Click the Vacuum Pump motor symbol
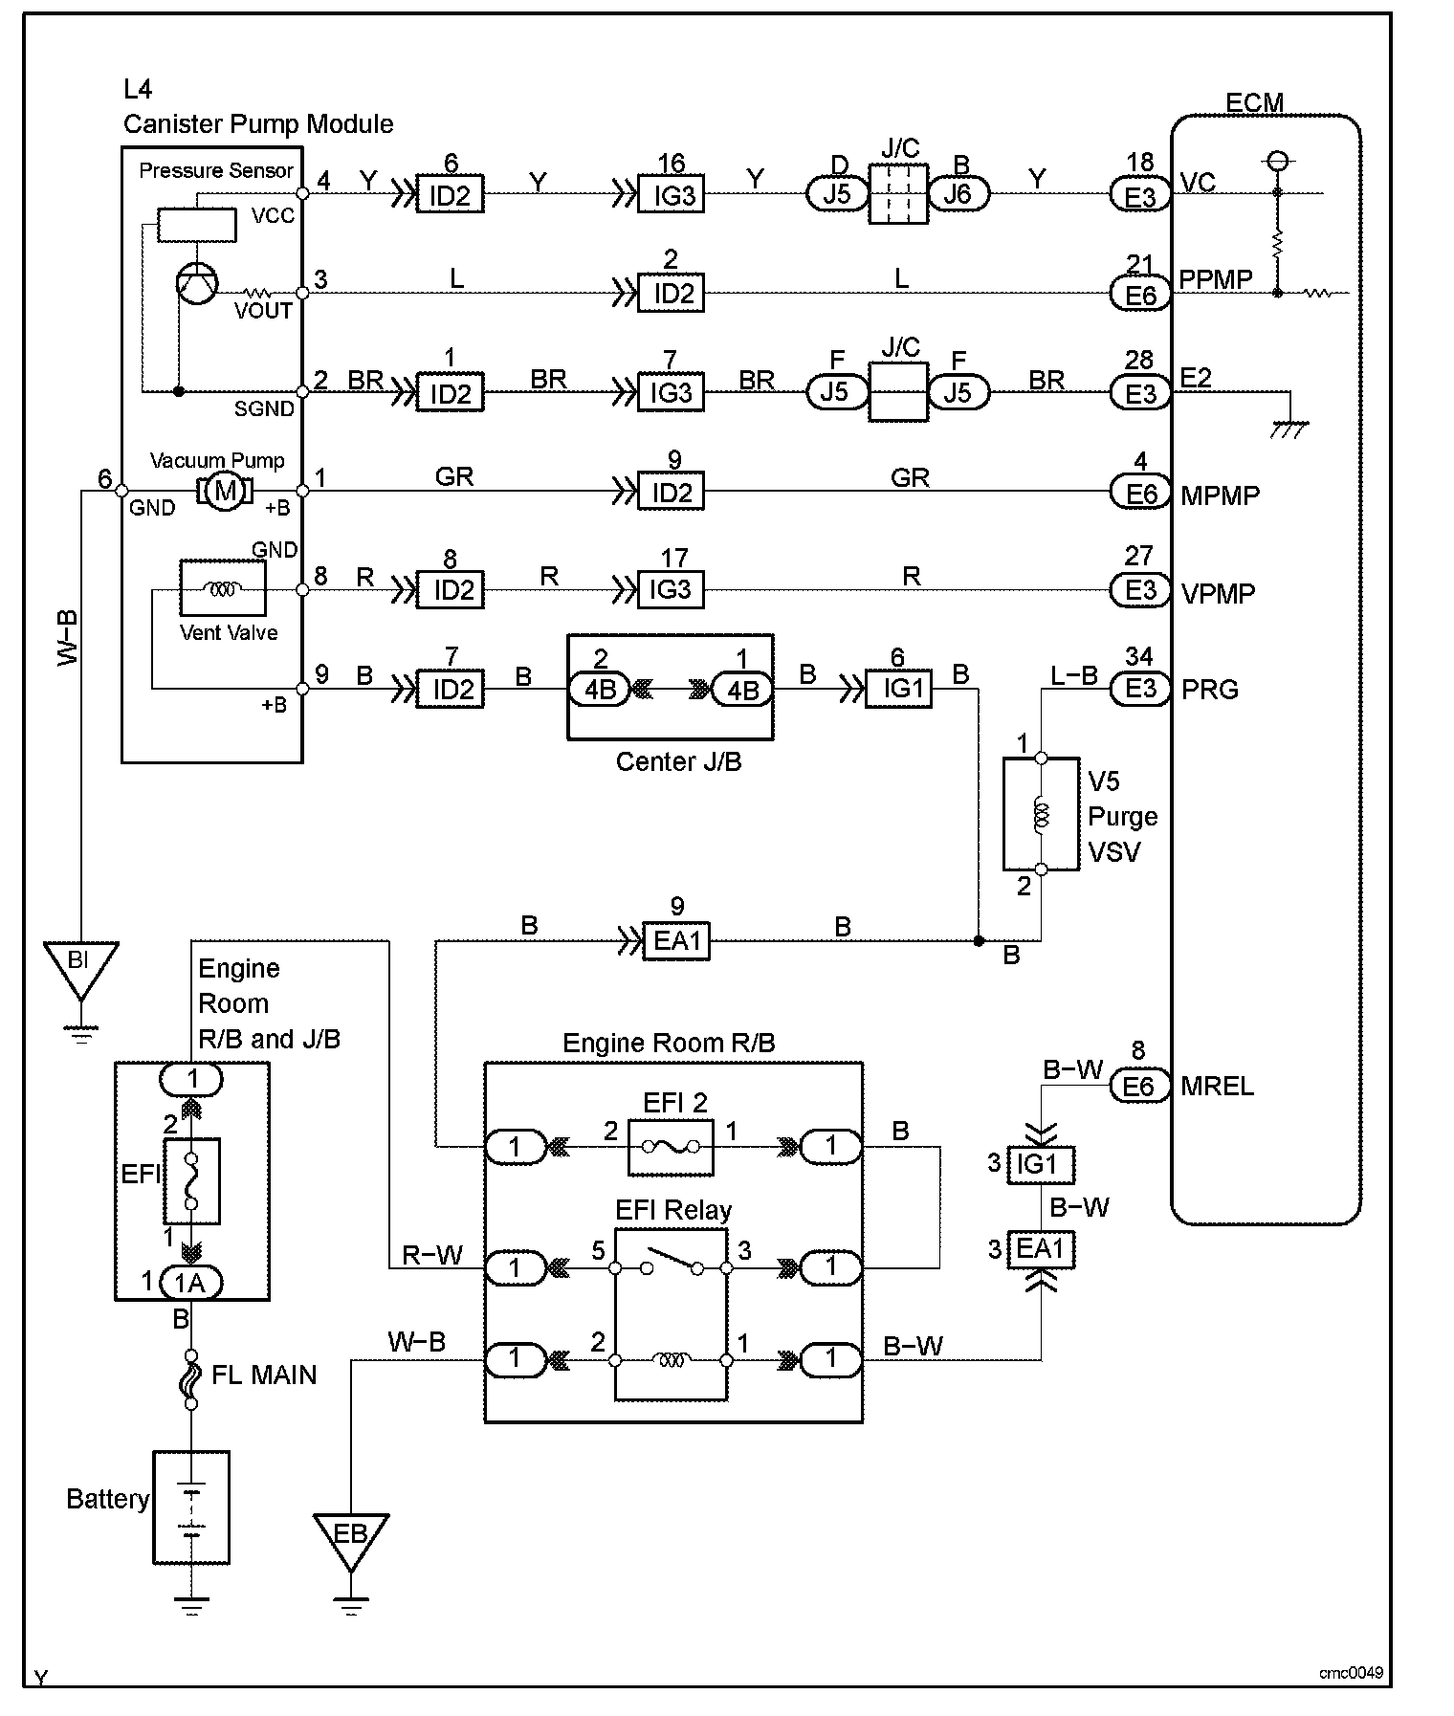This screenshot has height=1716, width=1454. point(225,492)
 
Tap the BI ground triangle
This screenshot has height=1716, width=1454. point(80,964)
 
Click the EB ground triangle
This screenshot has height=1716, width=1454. point(350,1536)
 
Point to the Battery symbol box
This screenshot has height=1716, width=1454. point(191,1507)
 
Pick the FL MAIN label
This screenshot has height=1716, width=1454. point(263,1375)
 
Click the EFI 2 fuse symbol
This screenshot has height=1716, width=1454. point(670,1146)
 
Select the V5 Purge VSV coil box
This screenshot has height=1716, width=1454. point(1042,814)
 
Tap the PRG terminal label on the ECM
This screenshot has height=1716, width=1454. point(1210,690)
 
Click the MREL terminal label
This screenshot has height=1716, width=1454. point(1217,1087)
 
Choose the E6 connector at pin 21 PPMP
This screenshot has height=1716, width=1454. point(1140,295)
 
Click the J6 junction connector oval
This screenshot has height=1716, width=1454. point(958,195)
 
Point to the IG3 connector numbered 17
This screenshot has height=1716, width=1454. point(671,589)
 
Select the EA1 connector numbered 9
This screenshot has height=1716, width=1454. point(677,941)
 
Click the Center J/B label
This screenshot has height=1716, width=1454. point(678,761)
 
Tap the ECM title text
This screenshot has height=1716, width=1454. point(1253,102)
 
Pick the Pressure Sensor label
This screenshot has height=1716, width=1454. point(216,170)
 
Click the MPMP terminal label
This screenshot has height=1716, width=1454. point(1220,495)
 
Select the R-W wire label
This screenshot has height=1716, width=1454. point(431,1254)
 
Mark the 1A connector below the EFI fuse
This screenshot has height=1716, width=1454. point(191,1283)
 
